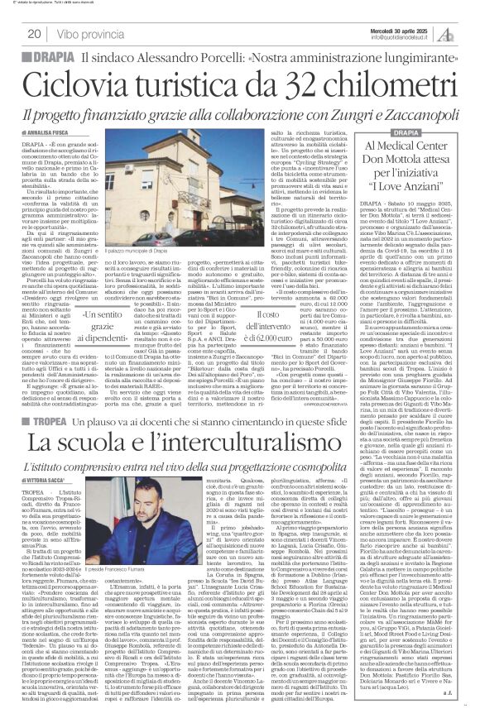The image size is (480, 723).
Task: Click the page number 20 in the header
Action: (35, 34)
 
